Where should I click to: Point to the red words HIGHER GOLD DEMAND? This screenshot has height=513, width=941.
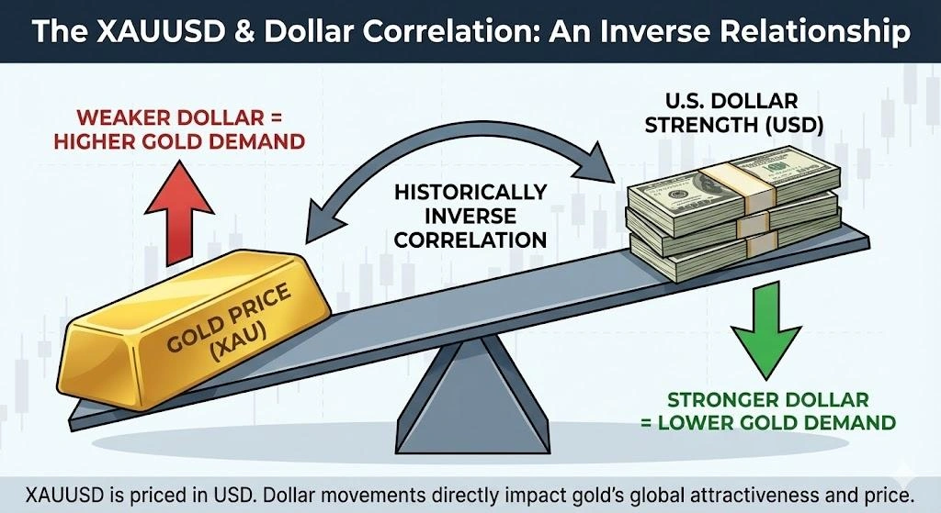click(179, 142)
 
